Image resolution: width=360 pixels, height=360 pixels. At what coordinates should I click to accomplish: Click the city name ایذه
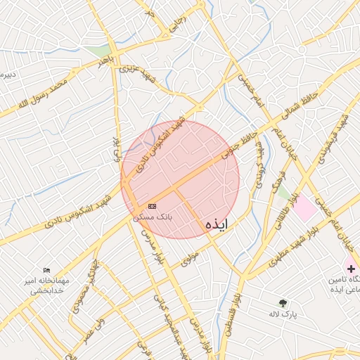tap(217, 224)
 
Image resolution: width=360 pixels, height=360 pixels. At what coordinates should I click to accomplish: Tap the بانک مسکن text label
tap(153, 217)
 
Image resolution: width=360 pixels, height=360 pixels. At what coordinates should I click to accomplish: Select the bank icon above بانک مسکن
tap(153, 206)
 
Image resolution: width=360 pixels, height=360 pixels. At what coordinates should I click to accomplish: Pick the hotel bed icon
tap(47, 271)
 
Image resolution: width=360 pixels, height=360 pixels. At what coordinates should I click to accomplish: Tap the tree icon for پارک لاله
tap(283, 303)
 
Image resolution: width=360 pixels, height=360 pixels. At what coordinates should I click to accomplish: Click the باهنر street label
tap(105, 63)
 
